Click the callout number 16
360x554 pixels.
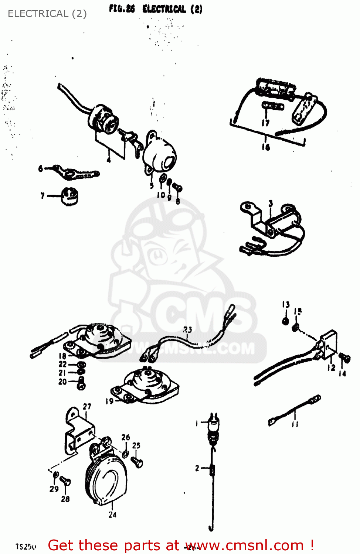(266, 147)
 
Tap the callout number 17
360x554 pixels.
(265, 123)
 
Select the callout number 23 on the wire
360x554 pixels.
(188, 329)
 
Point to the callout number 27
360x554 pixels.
(87, 406)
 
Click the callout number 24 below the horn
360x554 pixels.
(112, 514)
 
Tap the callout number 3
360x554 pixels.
(271, 204)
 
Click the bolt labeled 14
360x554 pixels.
(344, 358)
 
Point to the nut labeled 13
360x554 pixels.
(285, 320)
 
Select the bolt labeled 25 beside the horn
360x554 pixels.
(137, 462)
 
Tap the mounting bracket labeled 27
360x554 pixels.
(77, 432)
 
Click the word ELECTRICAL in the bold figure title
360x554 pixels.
(164, 9)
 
